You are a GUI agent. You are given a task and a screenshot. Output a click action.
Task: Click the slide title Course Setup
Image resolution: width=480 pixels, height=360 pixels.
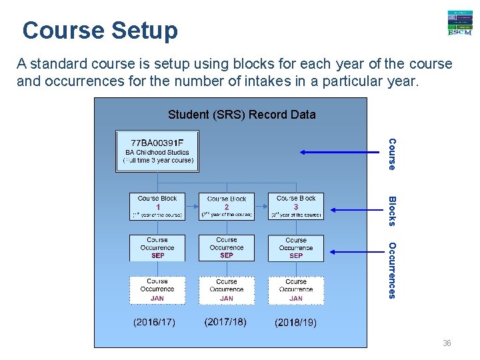click(x=100, y=31)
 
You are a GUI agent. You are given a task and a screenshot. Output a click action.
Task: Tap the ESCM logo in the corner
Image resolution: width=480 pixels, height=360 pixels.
click(x=459, y=23)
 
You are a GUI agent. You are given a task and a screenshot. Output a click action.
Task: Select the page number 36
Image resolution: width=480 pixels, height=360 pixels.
click(x=447, y=343)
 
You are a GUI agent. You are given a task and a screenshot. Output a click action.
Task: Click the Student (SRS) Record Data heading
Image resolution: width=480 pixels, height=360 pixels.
click(x=241, y=115)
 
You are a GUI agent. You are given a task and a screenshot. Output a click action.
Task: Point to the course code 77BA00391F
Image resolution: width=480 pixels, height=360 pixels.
click(x=157, y=143)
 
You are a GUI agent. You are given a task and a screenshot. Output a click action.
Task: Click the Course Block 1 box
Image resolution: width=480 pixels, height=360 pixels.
click(x=157, y=206)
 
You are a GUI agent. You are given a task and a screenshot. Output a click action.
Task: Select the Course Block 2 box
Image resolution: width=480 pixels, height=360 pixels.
click(x=227, y=206)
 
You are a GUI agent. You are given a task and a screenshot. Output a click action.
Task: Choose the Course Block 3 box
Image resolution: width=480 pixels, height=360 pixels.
click(x=296, y=206)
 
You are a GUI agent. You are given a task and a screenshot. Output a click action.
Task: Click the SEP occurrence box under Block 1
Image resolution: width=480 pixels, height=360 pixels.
click(x=157, y=247)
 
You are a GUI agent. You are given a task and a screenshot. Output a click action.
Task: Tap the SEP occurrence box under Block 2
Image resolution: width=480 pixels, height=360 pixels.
click(x=227, y=247)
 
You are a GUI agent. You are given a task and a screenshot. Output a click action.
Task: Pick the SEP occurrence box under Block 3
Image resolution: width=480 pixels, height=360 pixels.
click(x=296, y=248)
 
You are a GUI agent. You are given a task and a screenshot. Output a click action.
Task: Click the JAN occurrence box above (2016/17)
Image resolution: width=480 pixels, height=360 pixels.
click(x=157, y=290)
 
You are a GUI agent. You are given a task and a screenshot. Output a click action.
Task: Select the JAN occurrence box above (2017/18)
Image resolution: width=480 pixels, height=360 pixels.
click(x=227, y=290)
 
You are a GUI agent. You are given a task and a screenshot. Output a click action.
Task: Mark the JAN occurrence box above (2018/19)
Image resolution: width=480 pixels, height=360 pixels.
click(x=296, y=290)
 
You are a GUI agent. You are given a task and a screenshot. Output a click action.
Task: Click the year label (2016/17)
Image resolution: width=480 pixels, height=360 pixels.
click(x=155, y=323)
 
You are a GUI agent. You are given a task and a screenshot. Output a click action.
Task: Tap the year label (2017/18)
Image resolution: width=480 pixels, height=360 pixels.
click(x=225, y=322)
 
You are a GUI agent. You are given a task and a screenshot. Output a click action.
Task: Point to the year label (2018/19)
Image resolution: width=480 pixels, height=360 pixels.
click(x=296, y=323)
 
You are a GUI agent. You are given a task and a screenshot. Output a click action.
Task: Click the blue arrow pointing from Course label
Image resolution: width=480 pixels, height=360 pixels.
click(x=340, y=153)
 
